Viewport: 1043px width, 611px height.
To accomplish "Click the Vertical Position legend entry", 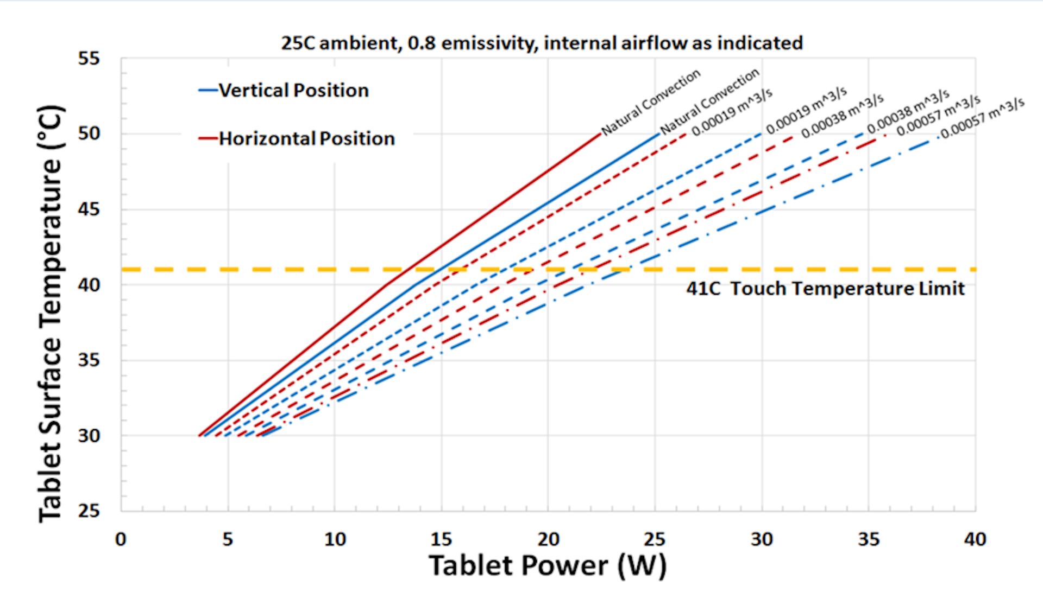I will (293, 90).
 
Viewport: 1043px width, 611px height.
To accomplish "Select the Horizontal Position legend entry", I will (306, 138).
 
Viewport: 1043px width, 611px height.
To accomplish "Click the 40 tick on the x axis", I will (975, 539).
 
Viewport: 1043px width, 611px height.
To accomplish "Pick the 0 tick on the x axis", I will (121, 539).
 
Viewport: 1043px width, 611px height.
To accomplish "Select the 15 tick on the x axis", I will (441, 539).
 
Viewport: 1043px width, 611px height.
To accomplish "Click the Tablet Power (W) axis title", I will (548, 565).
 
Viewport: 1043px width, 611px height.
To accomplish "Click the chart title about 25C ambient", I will (542, 43).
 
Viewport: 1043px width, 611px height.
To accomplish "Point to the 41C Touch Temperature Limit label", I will (825, 288).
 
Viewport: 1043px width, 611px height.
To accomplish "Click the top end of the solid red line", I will (600, 134).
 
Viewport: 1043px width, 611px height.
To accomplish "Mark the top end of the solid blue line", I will (658, 134).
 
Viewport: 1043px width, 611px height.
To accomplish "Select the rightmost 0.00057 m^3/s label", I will (982, 118).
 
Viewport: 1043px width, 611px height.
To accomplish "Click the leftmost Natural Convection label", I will (651, 102).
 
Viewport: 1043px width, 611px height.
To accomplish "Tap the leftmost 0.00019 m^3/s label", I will (732, 112).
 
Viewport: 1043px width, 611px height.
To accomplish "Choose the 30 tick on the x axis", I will (762, 539).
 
